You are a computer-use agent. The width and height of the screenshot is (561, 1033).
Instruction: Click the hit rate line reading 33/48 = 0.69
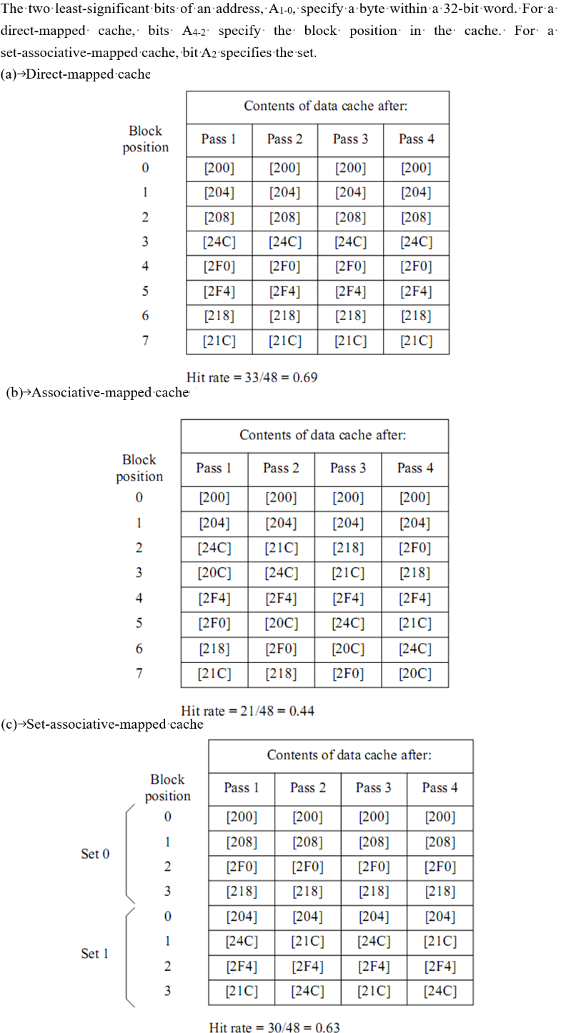pos(252,377)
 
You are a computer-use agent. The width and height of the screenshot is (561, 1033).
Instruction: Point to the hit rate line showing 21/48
pos(247,711)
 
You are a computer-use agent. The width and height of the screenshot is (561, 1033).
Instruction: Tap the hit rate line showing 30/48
pos(274,1027)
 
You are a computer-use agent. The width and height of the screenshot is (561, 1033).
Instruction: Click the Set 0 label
pos(95,854)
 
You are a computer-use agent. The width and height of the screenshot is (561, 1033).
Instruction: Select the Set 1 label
pos(94,953)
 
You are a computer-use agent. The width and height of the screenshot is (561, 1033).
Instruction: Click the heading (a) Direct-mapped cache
pos(75,74)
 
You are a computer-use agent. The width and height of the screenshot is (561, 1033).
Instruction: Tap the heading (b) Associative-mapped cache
pos(97,392)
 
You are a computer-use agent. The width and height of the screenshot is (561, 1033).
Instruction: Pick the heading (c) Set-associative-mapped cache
pos(102,724)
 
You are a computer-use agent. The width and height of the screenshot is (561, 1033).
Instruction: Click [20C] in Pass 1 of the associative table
pos(214,573)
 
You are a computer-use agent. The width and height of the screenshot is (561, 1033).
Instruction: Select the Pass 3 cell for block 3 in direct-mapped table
pos(350,242)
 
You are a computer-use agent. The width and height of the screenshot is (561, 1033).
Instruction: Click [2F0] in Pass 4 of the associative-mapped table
pos(414,548)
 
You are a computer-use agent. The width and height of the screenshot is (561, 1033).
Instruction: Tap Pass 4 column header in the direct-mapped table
pos(416,139)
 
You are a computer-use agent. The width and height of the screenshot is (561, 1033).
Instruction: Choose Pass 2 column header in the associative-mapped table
pos(281,468)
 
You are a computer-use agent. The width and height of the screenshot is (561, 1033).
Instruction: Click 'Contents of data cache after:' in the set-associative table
pos(349,755)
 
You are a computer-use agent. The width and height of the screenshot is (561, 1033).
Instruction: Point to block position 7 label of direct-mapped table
pos(145,340)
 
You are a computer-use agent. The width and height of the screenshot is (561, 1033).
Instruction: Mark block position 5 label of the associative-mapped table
pos(139,623)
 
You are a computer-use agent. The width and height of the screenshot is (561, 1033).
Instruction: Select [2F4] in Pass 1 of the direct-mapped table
pos(219,291)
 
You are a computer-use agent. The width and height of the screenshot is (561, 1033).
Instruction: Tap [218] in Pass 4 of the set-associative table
pos(440,892)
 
